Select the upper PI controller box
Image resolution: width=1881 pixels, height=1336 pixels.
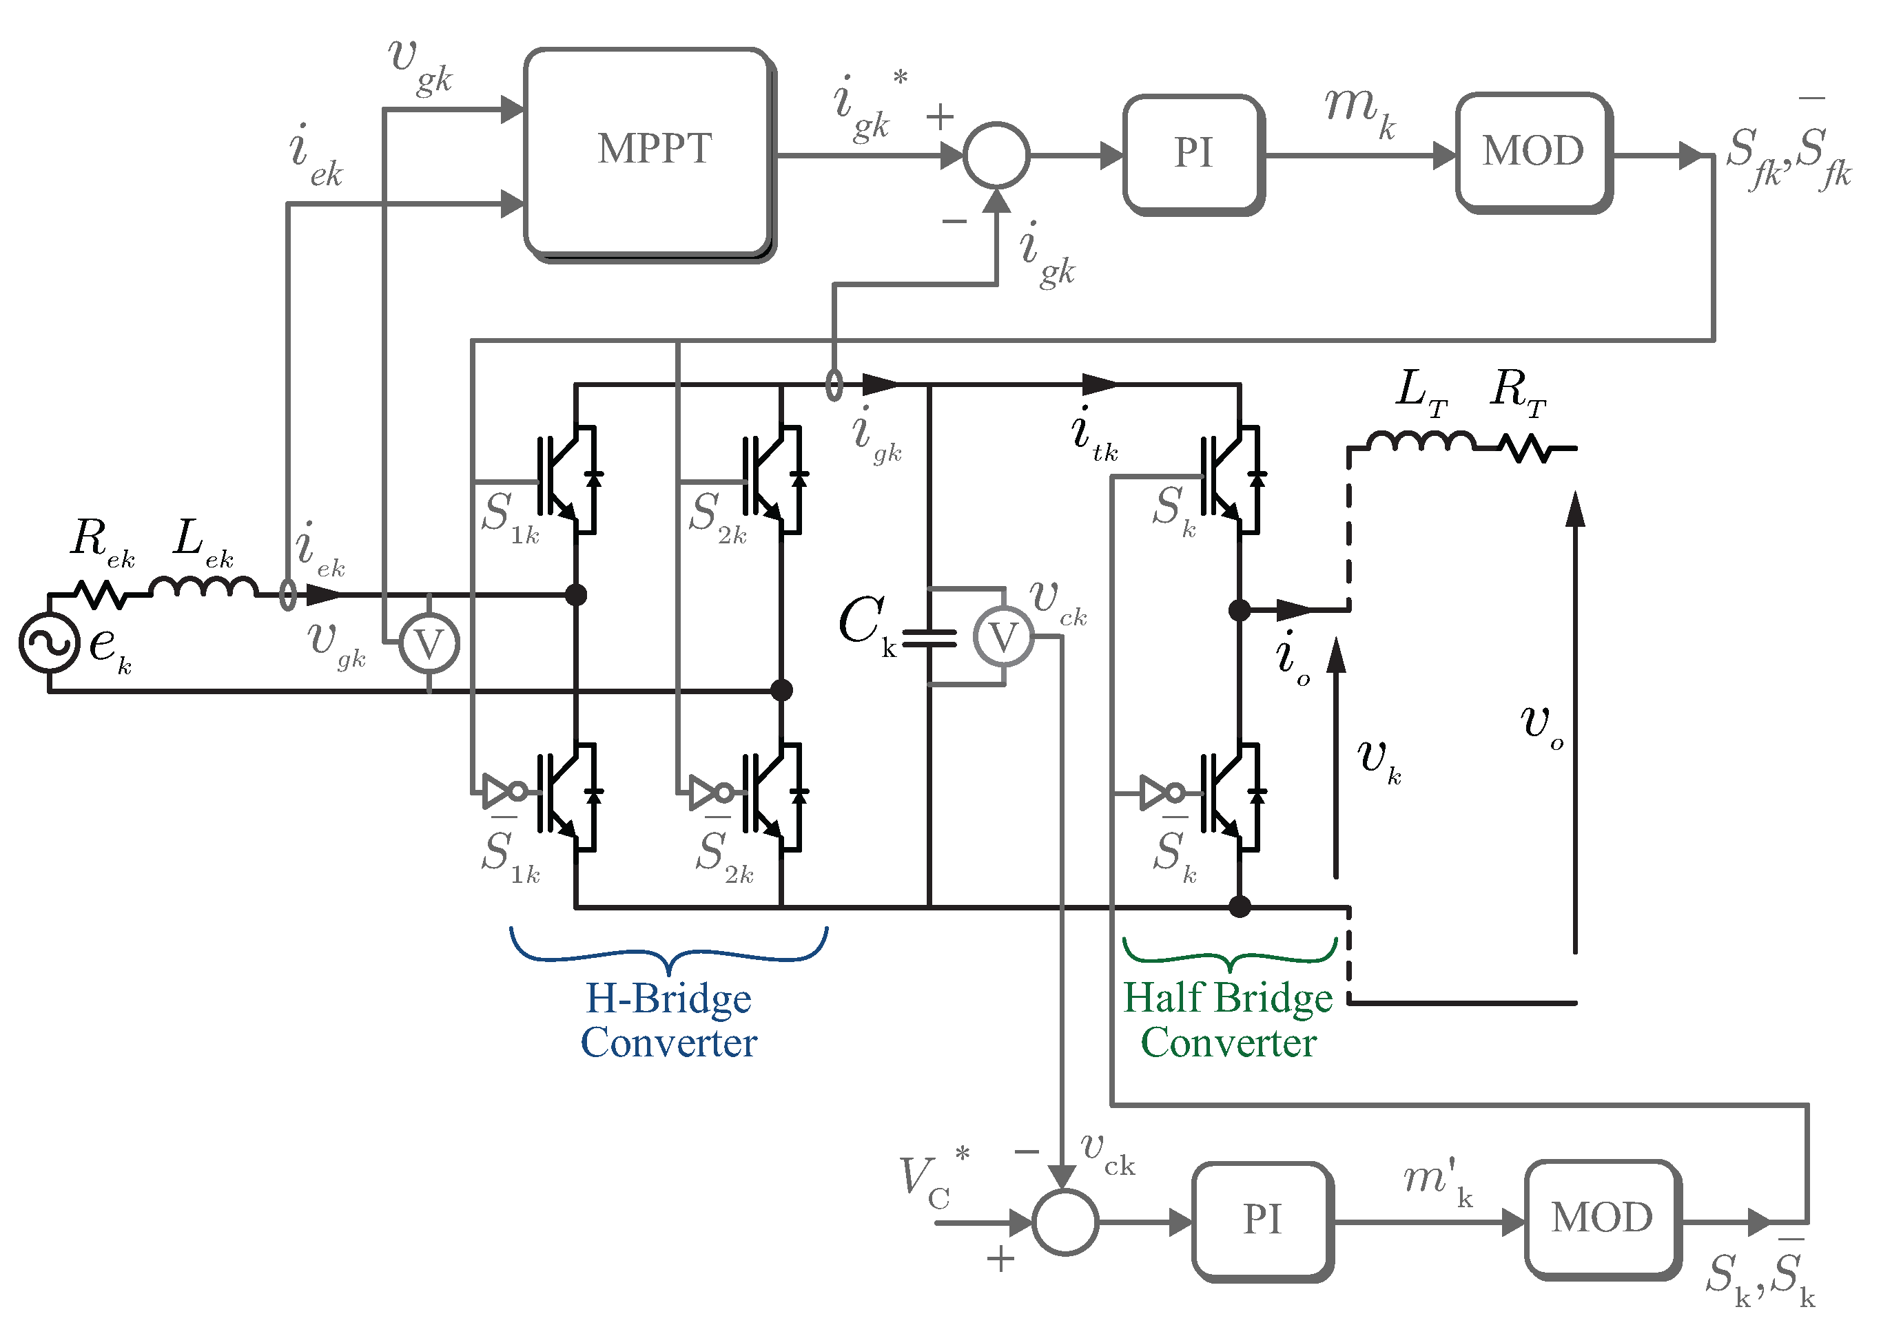click(x=1193, y=154)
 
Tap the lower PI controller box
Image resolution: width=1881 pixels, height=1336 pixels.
click(x=1262, y=1220)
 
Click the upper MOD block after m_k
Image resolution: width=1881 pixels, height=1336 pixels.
click(x=1533, y=152)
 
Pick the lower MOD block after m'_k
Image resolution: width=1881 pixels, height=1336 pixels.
click(x=1601, y=1218)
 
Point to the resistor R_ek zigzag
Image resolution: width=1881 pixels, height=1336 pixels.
click(x=101, y=594)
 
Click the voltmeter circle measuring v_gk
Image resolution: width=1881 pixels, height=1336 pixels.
click(x=429, y=643)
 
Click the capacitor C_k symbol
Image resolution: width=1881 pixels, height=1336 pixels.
click(x=929, y=638)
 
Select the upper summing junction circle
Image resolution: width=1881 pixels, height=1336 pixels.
click(x=996, y=155)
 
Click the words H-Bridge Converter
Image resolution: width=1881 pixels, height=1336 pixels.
click(x=668, y=1020)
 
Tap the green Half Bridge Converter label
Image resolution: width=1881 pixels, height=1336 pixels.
click(x=1228, y=1020)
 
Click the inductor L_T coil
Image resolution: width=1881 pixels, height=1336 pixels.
click(x=1421, y=441)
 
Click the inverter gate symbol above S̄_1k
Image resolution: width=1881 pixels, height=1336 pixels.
click(x=501, y=791)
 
